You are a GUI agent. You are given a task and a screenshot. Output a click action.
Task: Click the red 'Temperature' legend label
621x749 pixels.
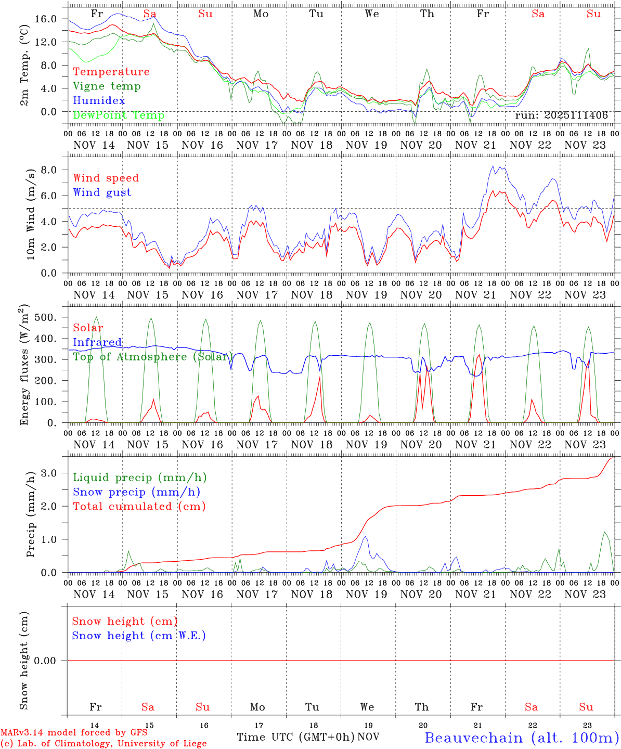pos(111,72)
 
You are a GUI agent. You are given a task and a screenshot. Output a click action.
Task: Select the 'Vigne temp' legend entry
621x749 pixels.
pos(107,86)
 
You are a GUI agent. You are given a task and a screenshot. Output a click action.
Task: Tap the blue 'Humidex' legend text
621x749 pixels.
pos(99,100)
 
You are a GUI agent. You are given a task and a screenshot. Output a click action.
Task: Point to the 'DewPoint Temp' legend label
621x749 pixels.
pos(119,115)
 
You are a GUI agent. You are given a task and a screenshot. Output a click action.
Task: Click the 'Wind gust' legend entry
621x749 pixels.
pos(102,192)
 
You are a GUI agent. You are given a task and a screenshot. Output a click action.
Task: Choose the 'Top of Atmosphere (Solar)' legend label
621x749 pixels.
pos(152,357)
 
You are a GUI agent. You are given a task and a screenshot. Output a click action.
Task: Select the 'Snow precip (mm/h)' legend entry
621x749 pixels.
pos(136,492)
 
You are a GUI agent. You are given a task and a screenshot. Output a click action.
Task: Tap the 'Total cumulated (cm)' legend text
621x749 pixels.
pos(139,506)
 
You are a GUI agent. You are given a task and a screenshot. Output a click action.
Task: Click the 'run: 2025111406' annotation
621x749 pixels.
pos(561,115)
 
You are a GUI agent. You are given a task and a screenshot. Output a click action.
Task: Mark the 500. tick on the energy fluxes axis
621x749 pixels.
pos(51,317)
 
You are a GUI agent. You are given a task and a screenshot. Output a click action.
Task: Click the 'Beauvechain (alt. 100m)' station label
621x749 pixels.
pos(522,738)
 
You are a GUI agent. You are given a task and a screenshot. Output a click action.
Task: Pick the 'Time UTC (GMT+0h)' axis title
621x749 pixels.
pos(295,737)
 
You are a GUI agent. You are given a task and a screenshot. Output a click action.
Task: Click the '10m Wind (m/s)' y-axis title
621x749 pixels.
pos(31,214)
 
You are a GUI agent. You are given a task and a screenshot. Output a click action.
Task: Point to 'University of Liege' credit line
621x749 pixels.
pos(103,743)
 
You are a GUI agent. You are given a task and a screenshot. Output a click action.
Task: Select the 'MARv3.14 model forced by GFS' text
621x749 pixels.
pos(73,733)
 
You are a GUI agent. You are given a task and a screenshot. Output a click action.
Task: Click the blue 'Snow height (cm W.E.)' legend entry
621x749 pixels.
pos(139,636)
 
